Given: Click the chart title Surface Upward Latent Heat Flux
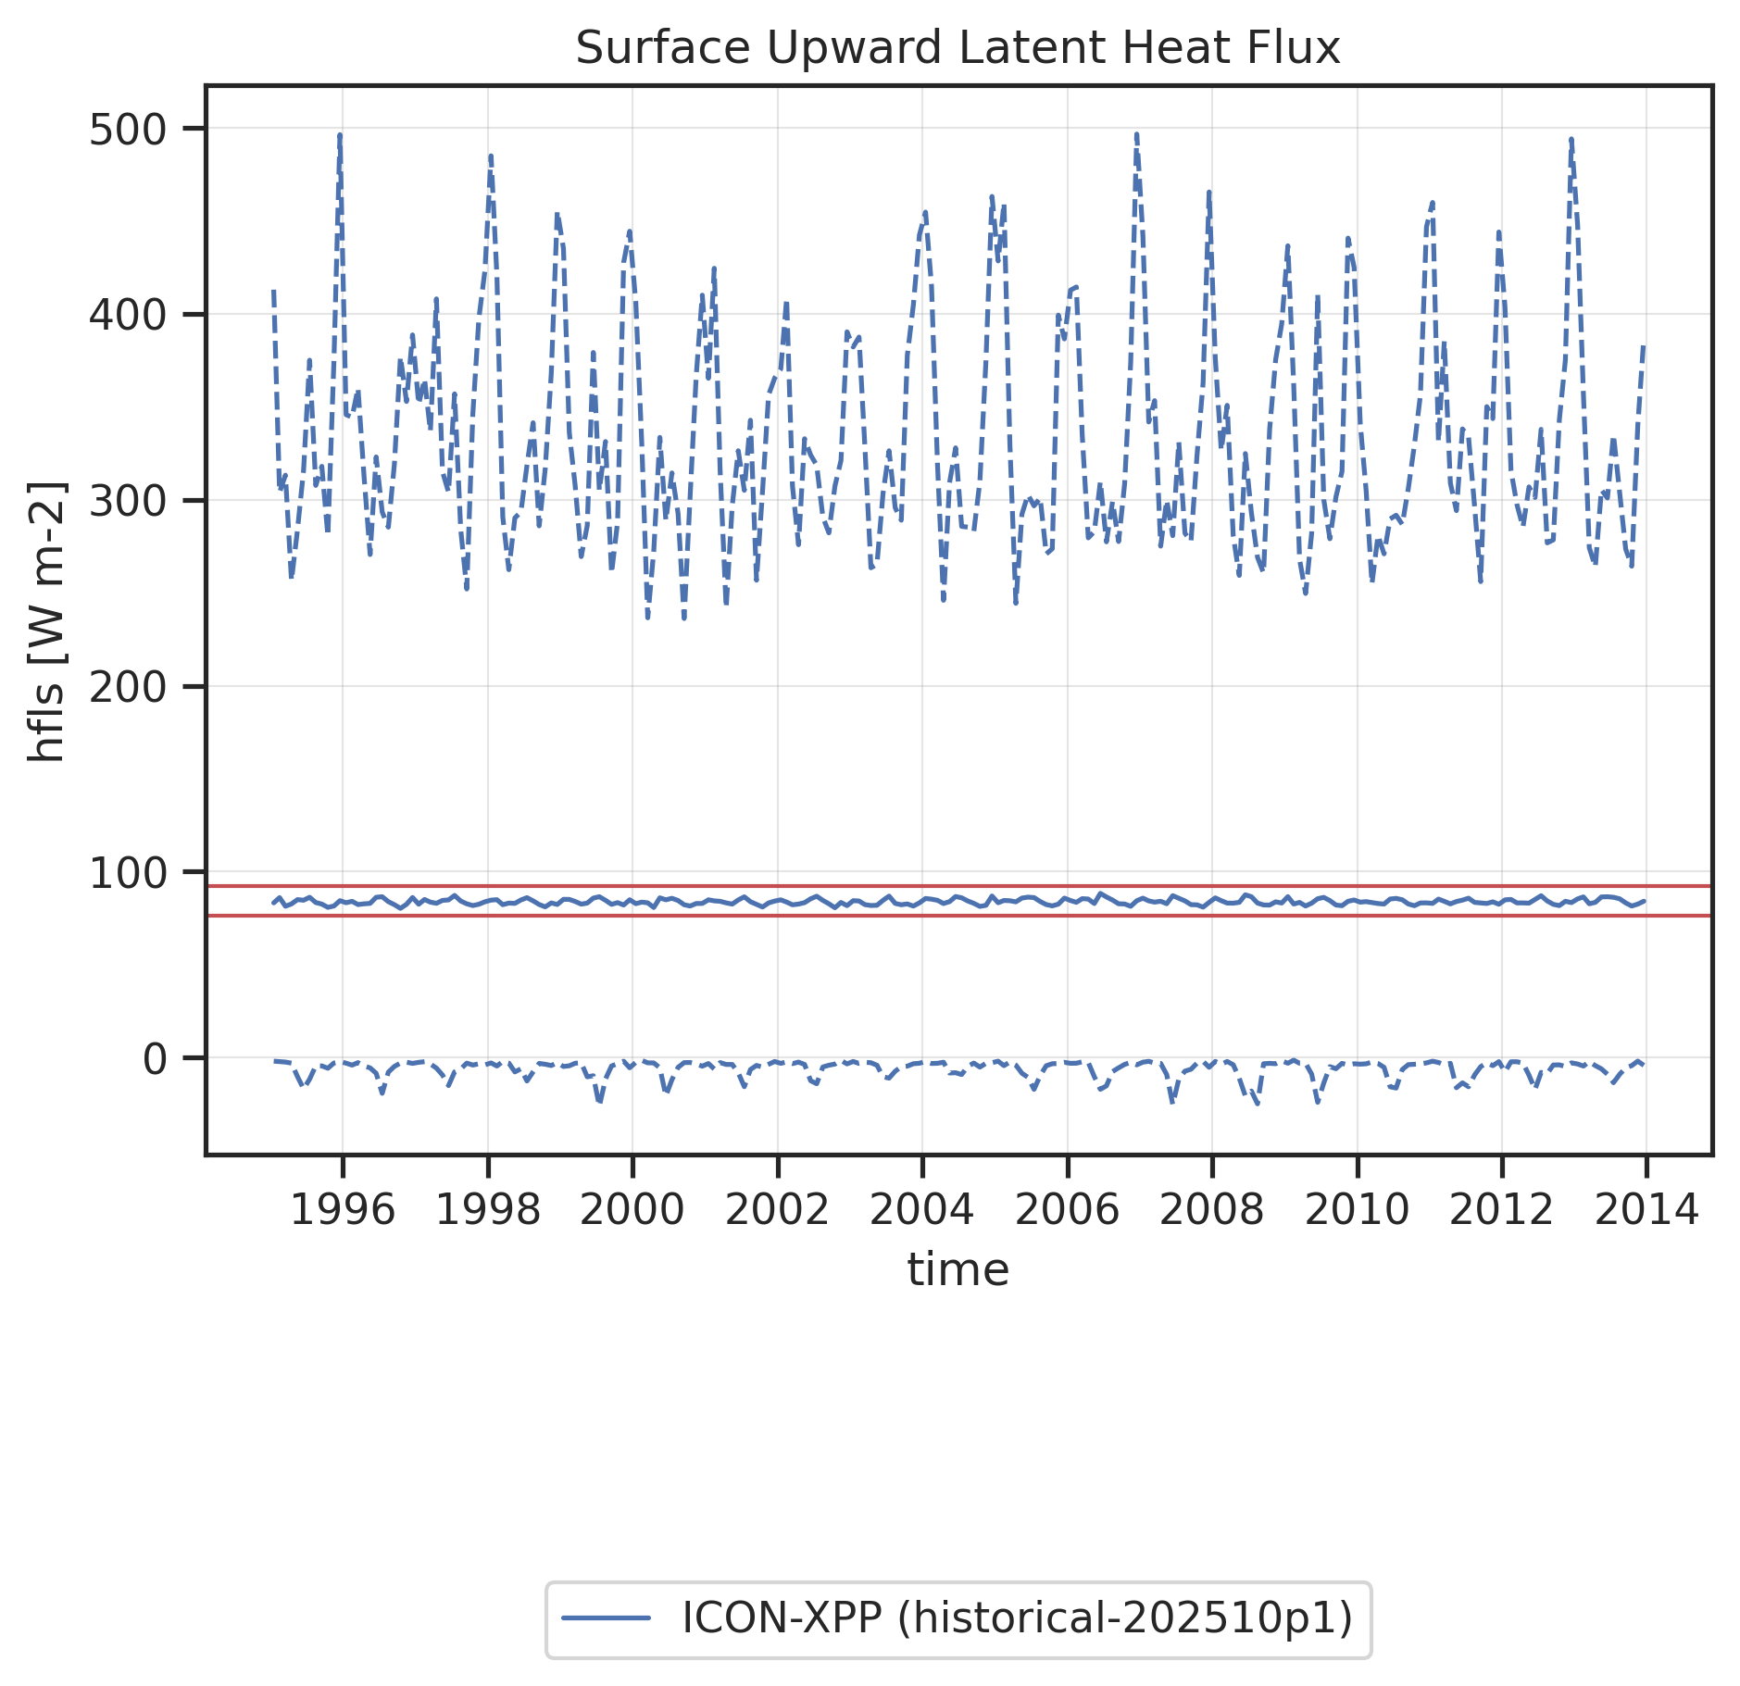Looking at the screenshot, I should (x=958, y=48).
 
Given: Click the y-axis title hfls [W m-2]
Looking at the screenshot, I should (x=46, y=621).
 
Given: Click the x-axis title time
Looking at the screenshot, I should (x=958, y=1269).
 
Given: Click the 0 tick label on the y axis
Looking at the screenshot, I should (x=155, y=1058).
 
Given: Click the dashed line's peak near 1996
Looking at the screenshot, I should (x=340, y=135).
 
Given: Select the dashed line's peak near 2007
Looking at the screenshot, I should (x=1136, y=134).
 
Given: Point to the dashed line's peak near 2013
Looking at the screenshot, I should (x=1571, y=140).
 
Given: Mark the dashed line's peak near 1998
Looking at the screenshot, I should (x=490, y=156).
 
